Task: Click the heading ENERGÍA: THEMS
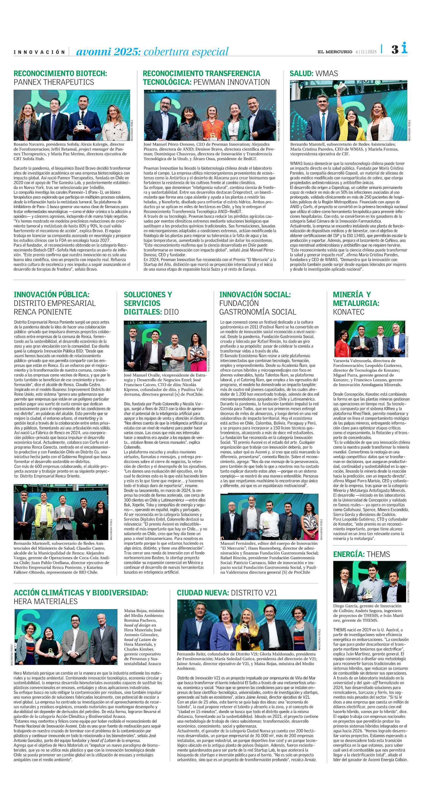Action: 361,554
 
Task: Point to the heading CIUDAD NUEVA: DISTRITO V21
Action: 227,593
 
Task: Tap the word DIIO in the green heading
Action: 171,312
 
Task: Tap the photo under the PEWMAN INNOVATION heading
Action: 210,115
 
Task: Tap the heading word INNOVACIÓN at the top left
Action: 39,52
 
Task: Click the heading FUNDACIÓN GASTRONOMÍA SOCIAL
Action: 257,308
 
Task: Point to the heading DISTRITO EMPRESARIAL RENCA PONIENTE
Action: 55,308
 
